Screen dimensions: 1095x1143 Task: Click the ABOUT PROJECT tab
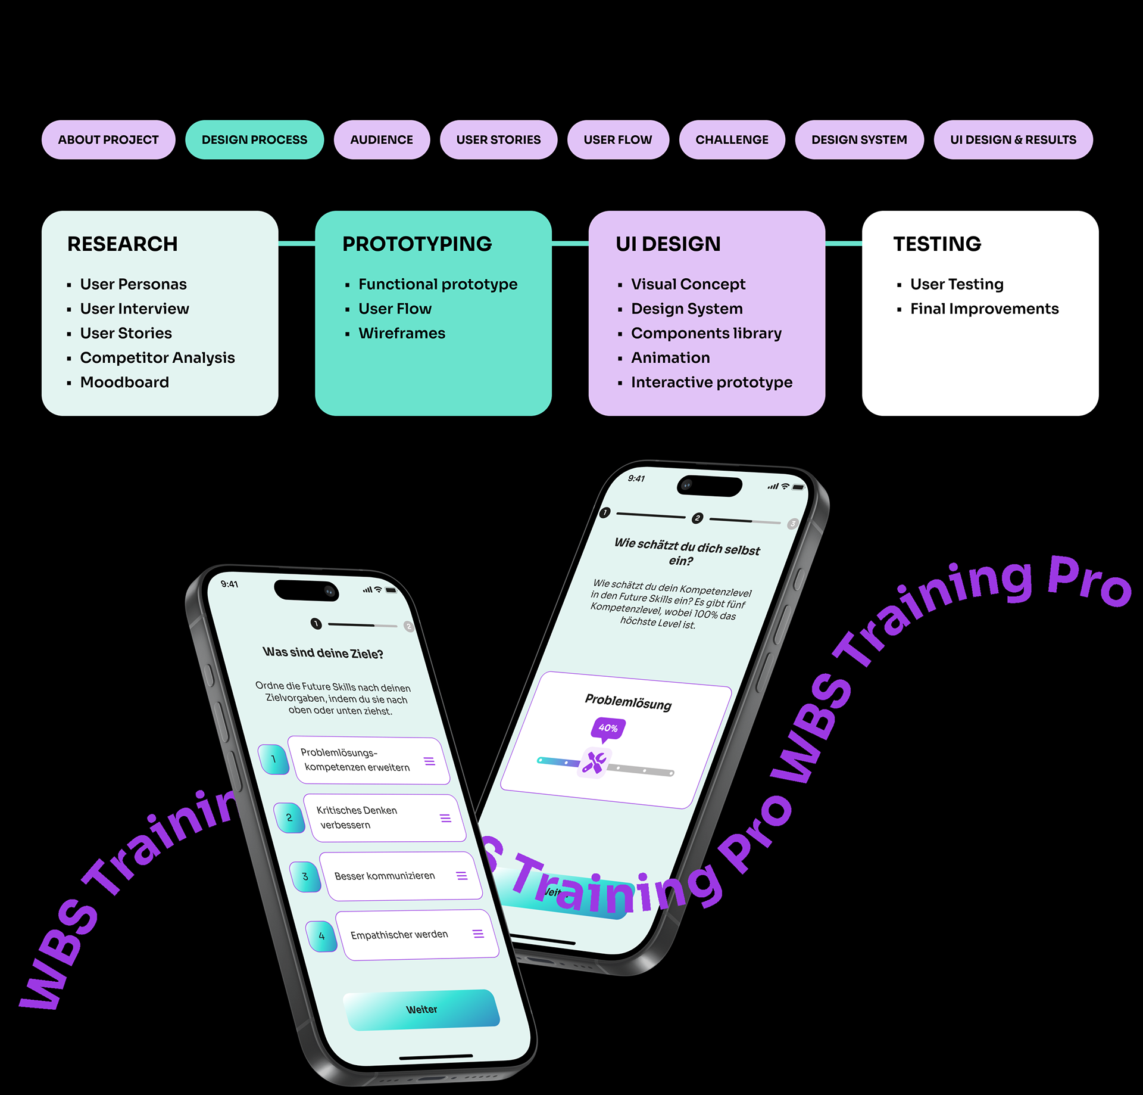(x=108, y=140)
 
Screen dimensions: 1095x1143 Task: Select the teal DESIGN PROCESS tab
(x=254, y=140)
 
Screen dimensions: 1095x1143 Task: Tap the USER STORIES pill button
(x=498, y=140)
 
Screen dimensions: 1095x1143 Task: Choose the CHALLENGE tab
(x=732, y=140)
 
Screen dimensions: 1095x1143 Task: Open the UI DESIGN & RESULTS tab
(x=1013, y=140)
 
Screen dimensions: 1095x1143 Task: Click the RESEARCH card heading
(x=122, y=244)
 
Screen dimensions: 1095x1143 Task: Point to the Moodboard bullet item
(x=124, y=382)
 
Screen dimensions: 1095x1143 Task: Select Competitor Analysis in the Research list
(x=157, y=357)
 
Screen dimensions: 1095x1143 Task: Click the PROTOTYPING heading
(x=417, y=244)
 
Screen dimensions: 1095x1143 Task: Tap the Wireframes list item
(x=402, y=333)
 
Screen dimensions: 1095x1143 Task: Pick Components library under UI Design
(x=706, y=333)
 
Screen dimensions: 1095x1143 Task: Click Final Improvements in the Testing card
(x=984, y=309)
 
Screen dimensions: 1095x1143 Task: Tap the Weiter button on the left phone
(x=421, y=1009)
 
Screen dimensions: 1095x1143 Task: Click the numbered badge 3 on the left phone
(x=305, y=876)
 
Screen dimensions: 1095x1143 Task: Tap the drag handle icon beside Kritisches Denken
(x=445, y=818)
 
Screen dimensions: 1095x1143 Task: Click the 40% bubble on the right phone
(x=608, y=728)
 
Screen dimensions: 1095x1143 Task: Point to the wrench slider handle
(x=594, y=763)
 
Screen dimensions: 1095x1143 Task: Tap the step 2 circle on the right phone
(x=697, y=518)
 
